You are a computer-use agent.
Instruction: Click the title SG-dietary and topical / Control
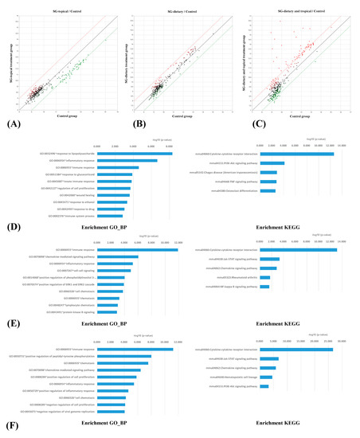[301, 7]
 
